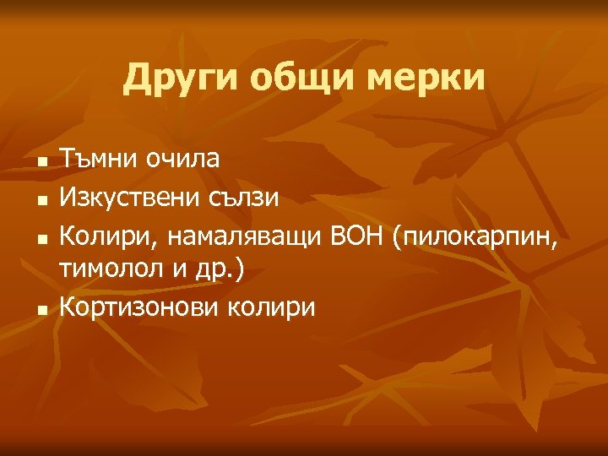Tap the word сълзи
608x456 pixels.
[x=247, y=198]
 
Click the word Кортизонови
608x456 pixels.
[x=139, y=307]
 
